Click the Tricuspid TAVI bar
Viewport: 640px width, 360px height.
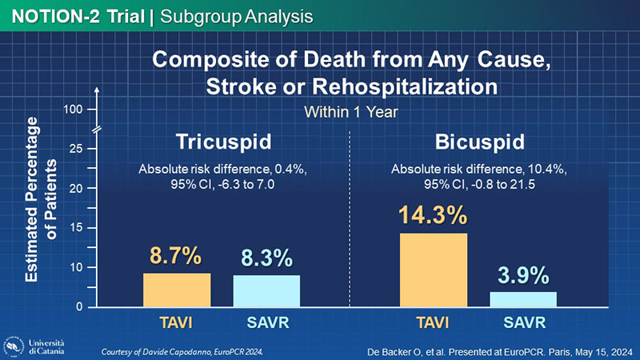tap(177, 290)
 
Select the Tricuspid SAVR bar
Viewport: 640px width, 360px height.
tap(266, 290)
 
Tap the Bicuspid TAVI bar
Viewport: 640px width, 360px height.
tap(433, 270)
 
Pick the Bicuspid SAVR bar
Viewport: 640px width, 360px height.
tap(523, 298)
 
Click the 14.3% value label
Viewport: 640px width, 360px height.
tap(433, 216)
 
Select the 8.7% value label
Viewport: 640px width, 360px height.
tap(176, 257)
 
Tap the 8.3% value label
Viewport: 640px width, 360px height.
tap(267, 258)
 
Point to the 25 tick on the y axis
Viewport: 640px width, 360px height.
tap(75, 149)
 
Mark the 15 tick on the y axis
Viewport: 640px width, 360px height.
tap(75, 228)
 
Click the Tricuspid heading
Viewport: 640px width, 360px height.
tap(223, 143)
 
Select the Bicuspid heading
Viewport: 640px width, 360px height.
tap(480, 143)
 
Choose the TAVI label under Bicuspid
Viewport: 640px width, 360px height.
tap(433, 323)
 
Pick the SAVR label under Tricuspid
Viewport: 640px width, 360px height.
tap(267, 323)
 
